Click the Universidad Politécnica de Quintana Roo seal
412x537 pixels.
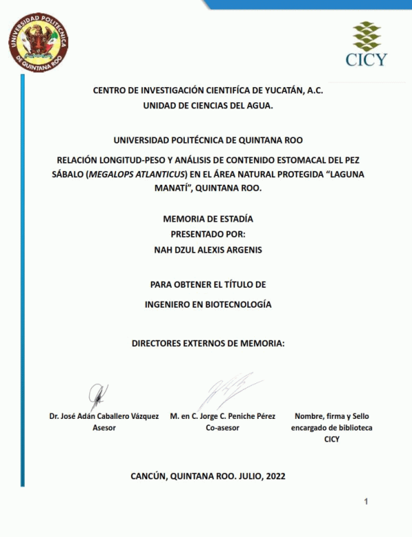[x=38, y=42]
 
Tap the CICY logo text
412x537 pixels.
[x=366, y=59]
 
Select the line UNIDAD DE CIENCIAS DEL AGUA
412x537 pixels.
[x=207, y=106]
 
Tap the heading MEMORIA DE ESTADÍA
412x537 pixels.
[x=208, y=219]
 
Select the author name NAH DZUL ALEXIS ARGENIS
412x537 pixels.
[x=208, y=250]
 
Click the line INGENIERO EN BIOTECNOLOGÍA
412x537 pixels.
[x=208, y=303]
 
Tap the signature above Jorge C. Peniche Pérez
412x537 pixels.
[x=223, y=391]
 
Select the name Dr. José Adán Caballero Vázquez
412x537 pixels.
[x=104, y=416]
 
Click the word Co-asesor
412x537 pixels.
[x=222, y=427]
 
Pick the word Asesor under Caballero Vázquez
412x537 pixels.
[x=104, y=427]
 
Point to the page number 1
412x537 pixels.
[x=366, y=502]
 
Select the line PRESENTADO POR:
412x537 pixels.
[x=207, y=234]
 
